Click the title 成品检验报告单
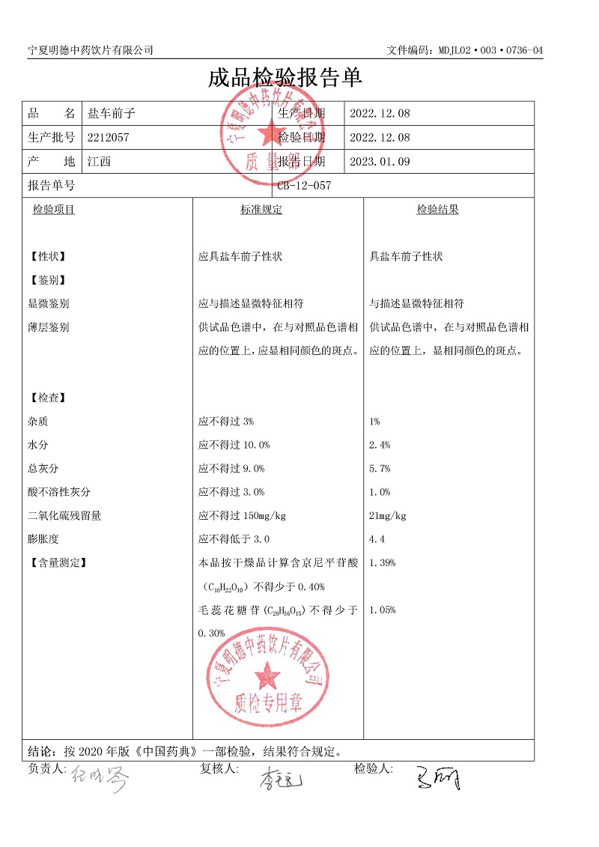[285, 77]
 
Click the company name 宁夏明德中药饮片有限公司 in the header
[91, 50]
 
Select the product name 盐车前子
[110, 114]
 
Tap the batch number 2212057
[109, 138]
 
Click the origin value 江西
[99, 162]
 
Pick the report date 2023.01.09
[380, 162]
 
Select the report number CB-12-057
[304, 186]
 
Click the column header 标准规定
[261, 210]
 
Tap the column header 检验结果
[437, 210]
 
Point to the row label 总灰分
[43, 469]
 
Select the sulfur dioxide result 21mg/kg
[388, 516]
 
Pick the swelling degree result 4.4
[377, 539]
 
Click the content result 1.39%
[383, 562]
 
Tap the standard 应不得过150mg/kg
[243, 516]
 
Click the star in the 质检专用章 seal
[267, 678]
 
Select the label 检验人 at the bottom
[373, 769]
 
